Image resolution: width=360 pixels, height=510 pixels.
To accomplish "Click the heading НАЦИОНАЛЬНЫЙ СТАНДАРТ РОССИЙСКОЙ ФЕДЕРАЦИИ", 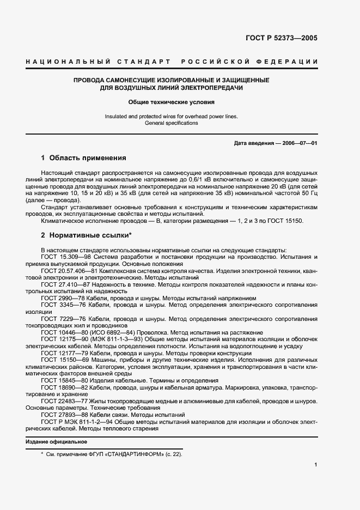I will point(172,62).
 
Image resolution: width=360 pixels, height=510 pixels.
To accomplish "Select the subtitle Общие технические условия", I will point(172,102).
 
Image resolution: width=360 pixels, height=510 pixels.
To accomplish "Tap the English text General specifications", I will point(172,123).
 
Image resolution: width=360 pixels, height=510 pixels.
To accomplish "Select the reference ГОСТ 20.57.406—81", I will point(69,271).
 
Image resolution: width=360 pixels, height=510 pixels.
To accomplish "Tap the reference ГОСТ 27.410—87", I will point(65,284).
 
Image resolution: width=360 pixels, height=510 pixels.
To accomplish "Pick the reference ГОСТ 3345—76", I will point(61,306).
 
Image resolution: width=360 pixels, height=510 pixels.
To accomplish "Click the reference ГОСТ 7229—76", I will point(61,319).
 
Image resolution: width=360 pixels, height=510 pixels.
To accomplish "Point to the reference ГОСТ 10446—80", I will point(63,333).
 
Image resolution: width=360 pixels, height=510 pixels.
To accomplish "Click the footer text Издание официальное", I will point(56,441).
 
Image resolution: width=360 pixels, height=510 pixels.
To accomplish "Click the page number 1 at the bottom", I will point(315,465).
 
